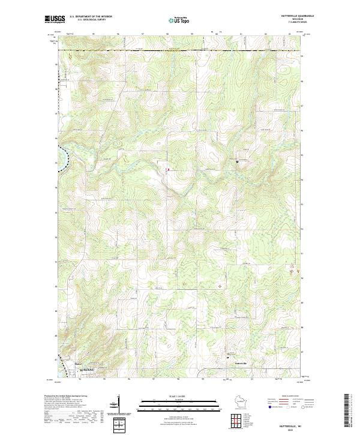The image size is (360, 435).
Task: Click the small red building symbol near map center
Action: click(x=168, y=170)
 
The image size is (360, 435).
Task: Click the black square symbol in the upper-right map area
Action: click(x=238, y=161)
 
